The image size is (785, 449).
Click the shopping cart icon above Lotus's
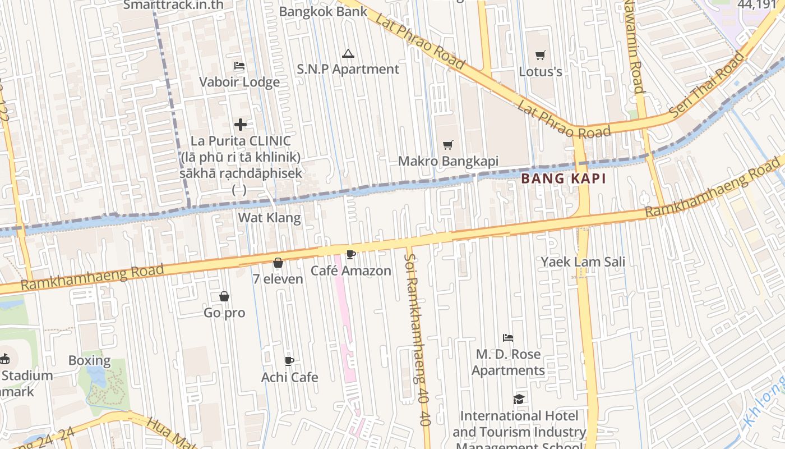tap(540, 55)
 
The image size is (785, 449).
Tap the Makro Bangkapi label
tap(448, 161)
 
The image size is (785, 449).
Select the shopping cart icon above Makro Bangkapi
tap(447, 145)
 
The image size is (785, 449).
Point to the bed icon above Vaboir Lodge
tap(239, 66)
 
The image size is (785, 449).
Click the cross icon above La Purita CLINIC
tap(241, 124)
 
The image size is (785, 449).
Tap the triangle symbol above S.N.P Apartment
tap(348, 54)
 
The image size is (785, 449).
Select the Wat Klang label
tap(269, 217)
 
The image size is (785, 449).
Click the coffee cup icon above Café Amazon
tap(351, 255)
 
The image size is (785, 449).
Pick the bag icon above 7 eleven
tap(278, 263)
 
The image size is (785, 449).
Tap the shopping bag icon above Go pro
tap(224, 296)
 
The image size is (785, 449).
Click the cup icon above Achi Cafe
tap(289, 361)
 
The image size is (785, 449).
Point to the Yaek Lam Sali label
tap(583, 262)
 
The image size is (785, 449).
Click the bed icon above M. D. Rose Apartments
tap(508, 338)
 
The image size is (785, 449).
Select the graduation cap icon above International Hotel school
tap(519, 400)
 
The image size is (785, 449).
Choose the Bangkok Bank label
tap(323, 11)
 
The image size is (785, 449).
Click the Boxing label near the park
tap(90, 360)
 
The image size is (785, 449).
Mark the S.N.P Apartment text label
tap(348, 69)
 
